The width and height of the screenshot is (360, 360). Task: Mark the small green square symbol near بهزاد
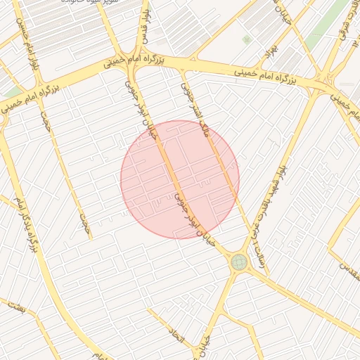[246, 40]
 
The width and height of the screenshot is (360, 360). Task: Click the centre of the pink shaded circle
[180, 179]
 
